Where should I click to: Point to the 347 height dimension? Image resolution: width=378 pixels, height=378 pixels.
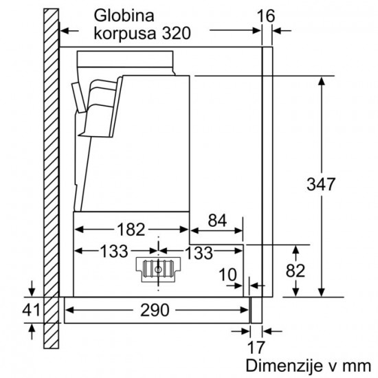(x=320, y=185)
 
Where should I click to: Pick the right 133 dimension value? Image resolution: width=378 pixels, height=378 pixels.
(x=199, y=252)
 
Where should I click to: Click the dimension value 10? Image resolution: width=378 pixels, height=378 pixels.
(x=227, y=274)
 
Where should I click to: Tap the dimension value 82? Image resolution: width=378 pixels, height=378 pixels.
(x=295, y=271)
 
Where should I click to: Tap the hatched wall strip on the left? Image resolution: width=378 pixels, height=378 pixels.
(x=50, y=179)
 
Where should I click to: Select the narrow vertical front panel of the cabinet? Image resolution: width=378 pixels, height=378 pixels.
(x=268, y=172)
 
